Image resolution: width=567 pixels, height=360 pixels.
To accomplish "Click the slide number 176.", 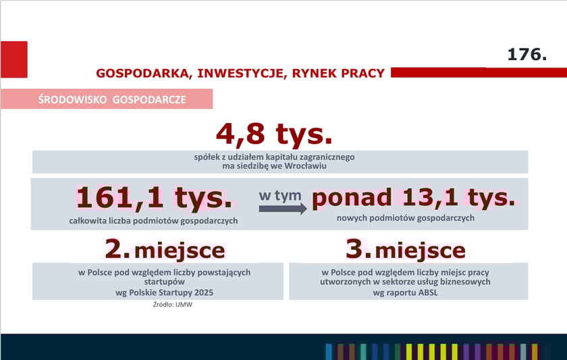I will (x=526, y=55).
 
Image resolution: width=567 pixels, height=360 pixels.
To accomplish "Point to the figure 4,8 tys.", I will (x=274, y=134).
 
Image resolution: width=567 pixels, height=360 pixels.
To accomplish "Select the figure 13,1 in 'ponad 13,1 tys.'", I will (x=431, y=197).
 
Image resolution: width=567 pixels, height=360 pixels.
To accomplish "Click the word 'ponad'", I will (x=353, y=197).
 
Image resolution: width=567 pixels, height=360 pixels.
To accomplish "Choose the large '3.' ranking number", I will (x=358, y=249).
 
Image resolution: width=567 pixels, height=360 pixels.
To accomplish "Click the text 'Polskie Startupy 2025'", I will (x=167, y=292).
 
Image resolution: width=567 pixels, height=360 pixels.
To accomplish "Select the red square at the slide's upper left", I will (x=13, y=59).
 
